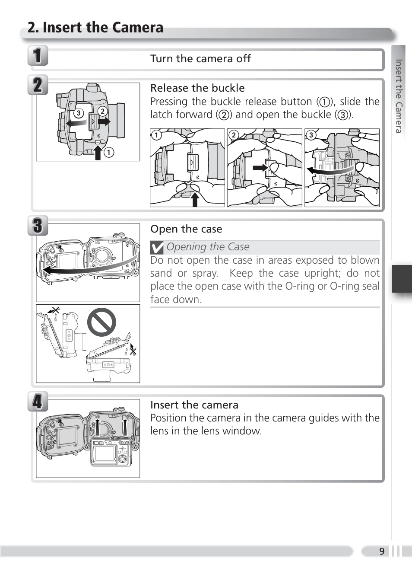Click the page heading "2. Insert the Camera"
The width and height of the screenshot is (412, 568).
[95, 28]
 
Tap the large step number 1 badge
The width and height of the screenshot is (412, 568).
[38, 56]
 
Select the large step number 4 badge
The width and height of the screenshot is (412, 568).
[38, 402]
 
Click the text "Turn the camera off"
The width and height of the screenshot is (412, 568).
[200, 59]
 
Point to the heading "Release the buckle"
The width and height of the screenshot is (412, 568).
[197, 88]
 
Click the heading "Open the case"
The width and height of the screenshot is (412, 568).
[186, 229]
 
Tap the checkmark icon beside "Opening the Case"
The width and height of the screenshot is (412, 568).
[157, 248]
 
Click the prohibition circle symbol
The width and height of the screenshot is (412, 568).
[101, 322]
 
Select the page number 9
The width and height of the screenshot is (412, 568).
[382, 551]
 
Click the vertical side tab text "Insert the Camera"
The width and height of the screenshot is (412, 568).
[399, 96]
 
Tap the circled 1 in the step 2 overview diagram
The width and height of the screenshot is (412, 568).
[109, 152]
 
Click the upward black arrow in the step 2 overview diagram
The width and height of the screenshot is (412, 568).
[98, 152]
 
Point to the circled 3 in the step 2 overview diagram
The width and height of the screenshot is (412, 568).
[78, 113]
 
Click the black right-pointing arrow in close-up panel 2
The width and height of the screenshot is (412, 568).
[260, 167]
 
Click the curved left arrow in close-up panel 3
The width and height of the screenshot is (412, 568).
[330, 169]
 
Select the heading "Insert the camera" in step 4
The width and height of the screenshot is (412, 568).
[194, 405]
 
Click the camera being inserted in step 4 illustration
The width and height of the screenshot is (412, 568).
[111, 452]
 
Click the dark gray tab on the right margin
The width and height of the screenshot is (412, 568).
[402, 279]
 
